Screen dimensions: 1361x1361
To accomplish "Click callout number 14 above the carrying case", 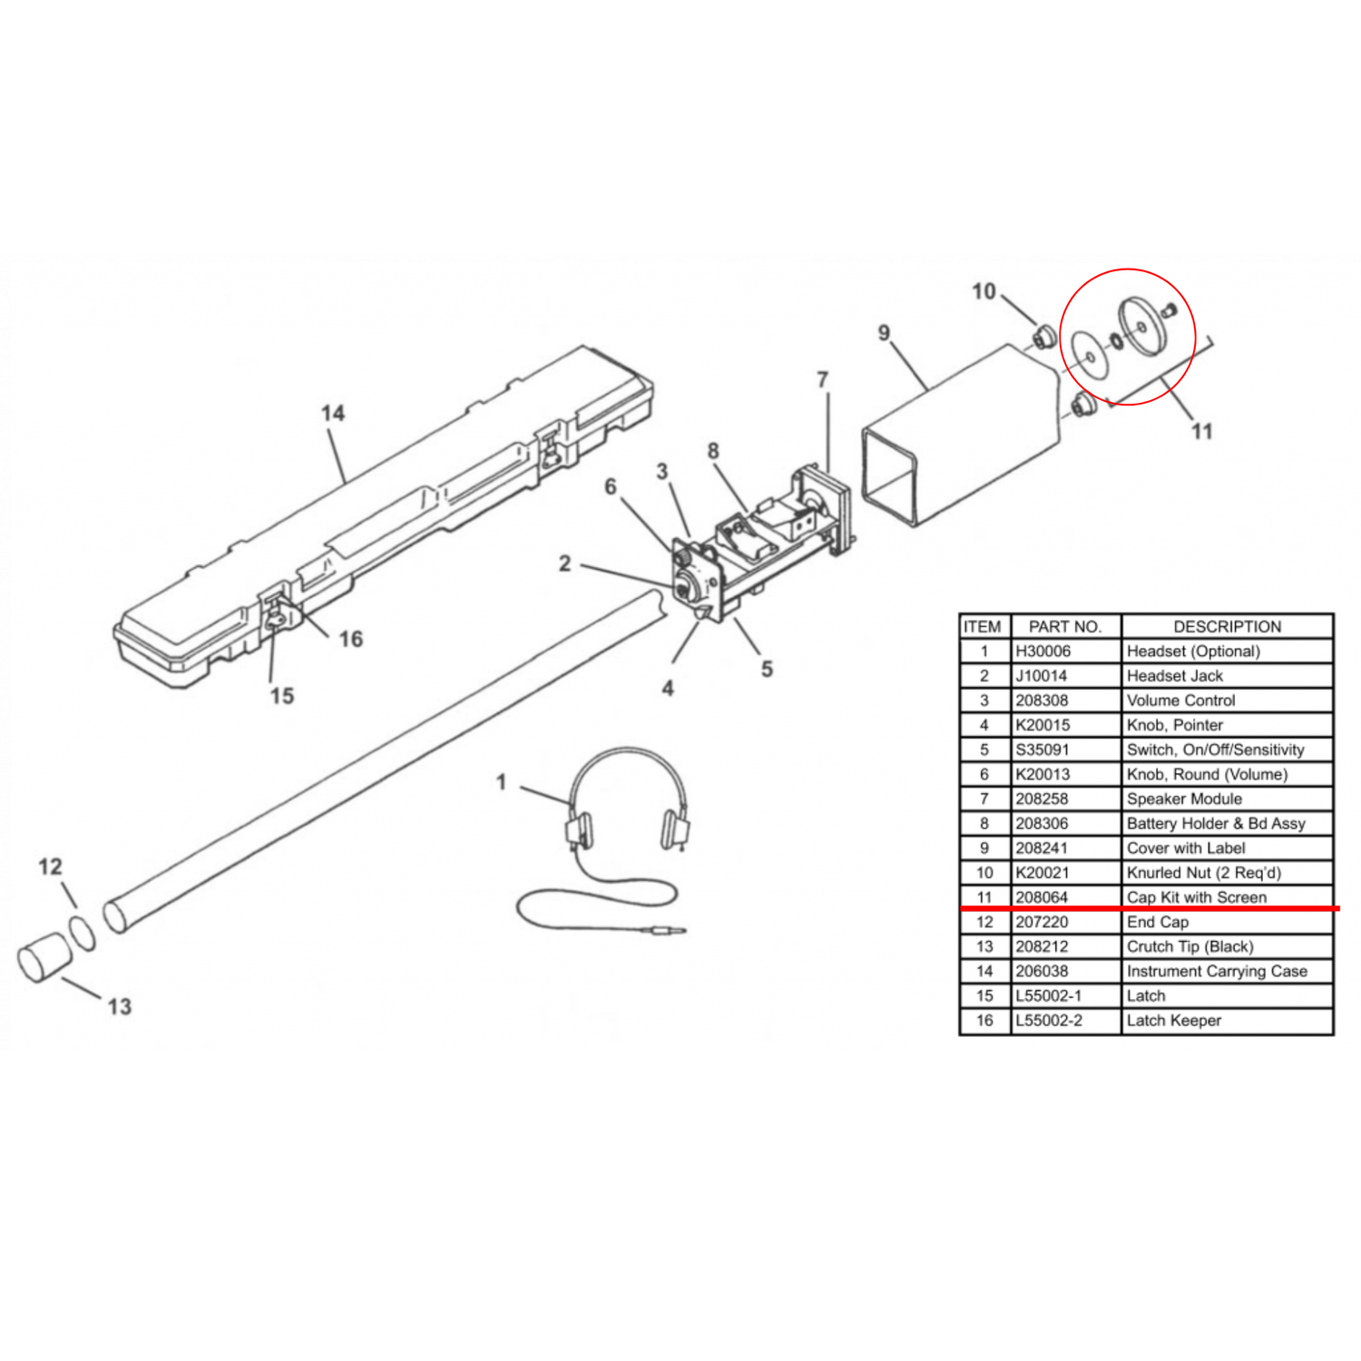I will pyautogui.click(x=333, y=414).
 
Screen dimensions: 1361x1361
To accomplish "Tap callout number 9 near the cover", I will pyautogui.click(x=884, y=333).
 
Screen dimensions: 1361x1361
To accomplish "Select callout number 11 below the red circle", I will pyautogui.click(x=1201, y=431).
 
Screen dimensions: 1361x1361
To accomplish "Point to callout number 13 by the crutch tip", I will pyautogui.click(x=119, y=1006).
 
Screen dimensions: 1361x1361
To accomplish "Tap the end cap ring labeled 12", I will pyautogui.click(x=82, y=933).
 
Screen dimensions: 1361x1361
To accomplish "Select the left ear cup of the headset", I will pyautogui.click(x=579, y=829).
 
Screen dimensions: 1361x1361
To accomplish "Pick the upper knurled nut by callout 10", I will pyautogui.click(x=1043, y=338).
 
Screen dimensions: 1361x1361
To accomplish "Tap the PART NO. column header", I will pyautogui.click(x=1064, y=627).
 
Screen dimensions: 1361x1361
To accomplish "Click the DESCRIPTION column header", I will pyautogui.click(x=1227, y=627).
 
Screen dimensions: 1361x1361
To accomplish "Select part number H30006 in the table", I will pyautogui.click(x=1043, y=651).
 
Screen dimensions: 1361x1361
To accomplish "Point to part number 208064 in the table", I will pyautogui.click(x=1042, y=897).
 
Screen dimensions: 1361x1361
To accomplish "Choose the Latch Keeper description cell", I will pyautogui.click(x=1173, y=1021).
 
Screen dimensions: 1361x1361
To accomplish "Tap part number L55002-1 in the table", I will pyautogui.click(x=1048, y=996).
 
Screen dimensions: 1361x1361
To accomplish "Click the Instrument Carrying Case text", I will pyautogui.click(x=1217, y=972).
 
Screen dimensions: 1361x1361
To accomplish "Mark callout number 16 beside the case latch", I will pyautogui.click(x=350, y=640).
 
